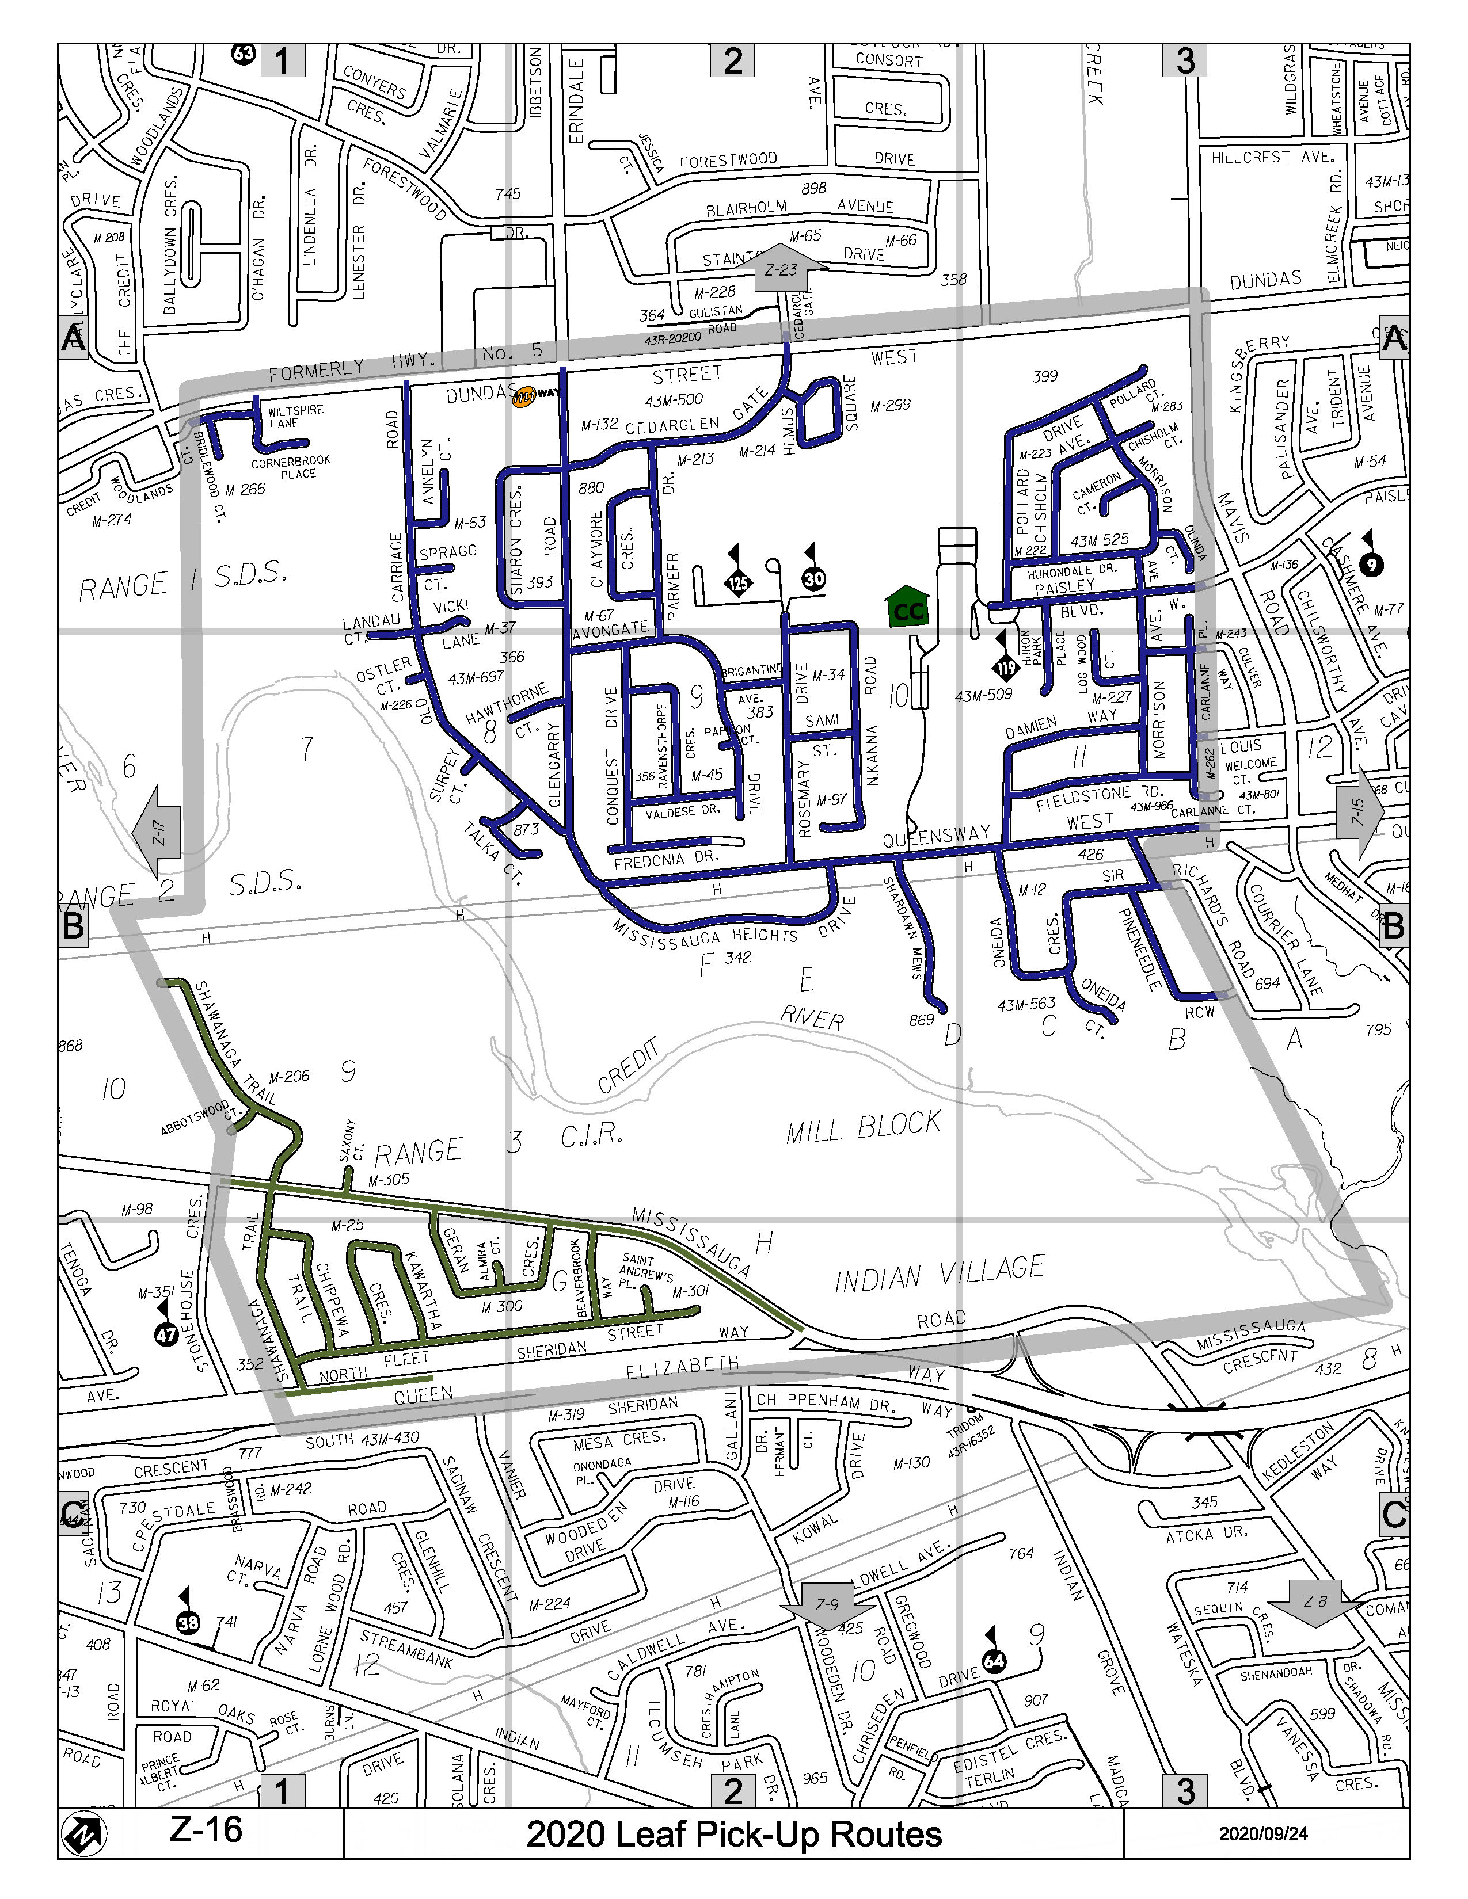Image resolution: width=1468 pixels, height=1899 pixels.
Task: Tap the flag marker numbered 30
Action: pos(814,577)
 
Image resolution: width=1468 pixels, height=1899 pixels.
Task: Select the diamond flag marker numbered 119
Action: pos(1006,667)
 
